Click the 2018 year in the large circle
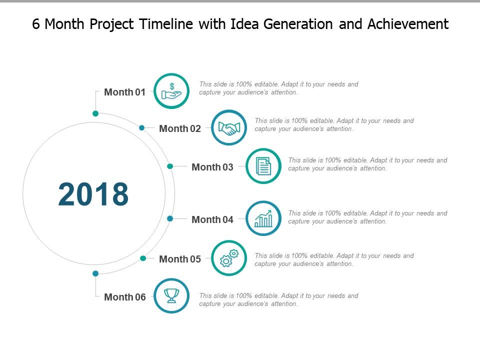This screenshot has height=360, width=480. tap(93, 194)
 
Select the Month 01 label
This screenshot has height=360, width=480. tap(124, 92)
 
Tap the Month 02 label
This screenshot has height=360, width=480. tap(179, 128)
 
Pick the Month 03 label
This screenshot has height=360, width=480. tap(212, 167)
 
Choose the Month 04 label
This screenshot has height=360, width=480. tap(212, 219)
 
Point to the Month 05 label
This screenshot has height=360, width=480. tap(179, 259)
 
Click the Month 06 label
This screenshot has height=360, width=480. tap(124, 297)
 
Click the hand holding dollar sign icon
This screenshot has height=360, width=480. tap(171, 91)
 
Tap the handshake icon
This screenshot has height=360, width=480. tap(229, 128)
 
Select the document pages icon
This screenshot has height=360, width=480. tap(263, 166)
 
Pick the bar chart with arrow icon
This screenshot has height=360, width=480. tap(263, 218)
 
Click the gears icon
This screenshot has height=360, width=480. tap(229, 258)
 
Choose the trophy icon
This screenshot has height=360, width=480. tap(171, 296)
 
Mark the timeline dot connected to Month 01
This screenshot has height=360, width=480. tap(95, 113)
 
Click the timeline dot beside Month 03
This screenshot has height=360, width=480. tap(170, 166)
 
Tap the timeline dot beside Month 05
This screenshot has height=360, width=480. tap(143, 258)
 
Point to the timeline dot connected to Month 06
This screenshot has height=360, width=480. tap(95, 273)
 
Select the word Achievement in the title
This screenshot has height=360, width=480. tap(407, 24)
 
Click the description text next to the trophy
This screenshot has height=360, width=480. tap(278, 299)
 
